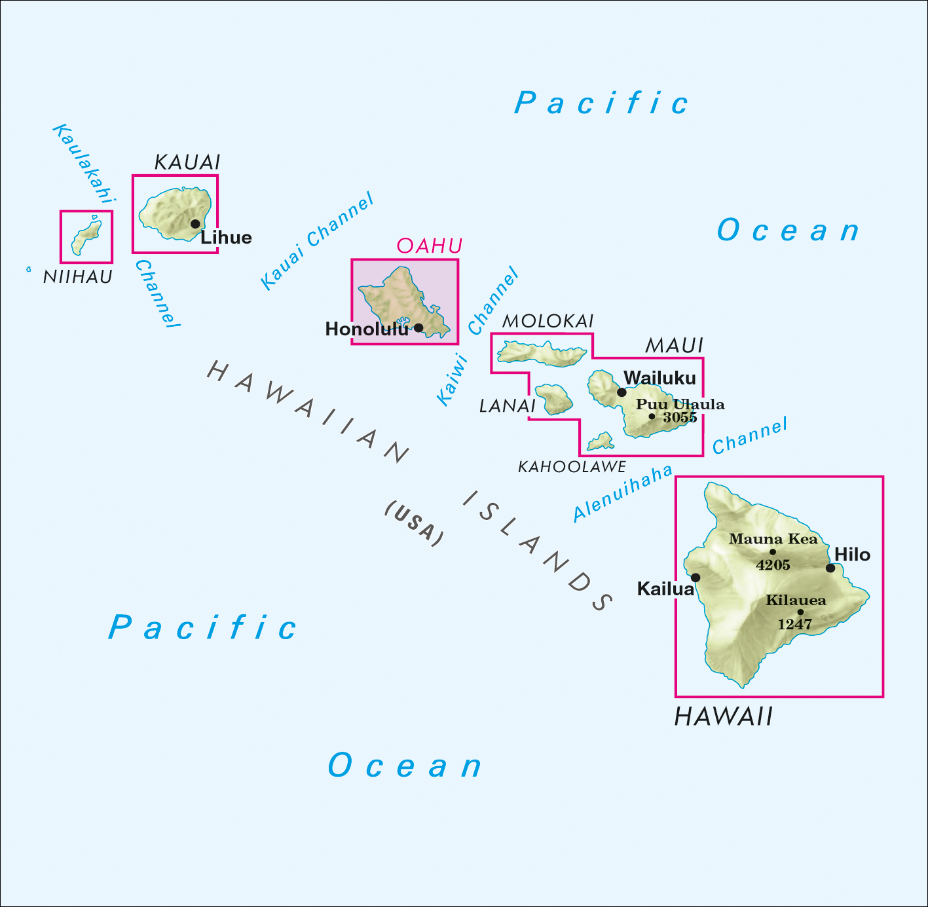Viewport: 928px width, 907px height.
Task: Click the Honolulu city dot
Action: tap(418, 327)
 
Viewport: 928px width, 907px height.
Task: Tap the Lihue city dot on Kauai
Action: tap(195, 224)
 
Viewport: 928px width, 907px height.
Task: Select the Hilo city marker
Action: tap(830, 568)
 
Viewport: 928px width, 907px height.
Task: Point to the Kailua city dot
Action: tap(696, 578)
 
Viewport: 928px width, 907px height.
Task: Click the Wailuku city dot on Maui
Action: tap(622, 392)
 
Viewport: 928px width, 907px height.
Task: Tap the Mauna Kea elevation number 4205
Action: tap(773, 565)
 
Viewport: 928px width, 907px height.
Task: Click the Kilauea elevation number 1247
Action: tap(794, 625)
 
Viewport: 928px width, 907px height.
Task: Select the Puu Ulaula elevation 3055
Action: tap(679, 418)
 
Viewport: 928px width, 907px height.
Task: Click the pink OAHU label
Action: tap(430, 246)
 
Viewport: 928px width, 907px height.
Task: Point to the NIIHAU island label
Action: tap(78, 277)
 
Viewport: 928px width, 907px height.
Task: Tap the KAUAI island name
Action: tap(187, 162)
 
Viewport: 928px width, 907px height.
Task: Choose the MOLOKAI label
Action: tap(548, 321)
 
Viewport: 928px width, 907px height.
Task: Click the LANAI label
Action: tap(508, 406)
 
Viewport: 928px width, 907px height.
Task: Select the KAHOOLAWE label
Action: tap(572, 467)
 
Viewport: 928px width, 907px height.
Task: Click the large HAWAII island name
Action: tap(724, 716)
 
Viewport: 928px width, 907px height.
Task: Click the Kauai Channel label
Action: tap(317, 241)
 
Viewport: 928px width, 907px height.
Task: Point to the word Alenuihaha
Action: tap(623, 493)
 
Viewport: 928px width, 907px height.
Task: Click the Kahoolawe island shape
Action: tap(601, 442)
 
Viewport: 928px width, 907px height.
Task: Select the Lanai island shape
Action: tap(554, 399)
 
